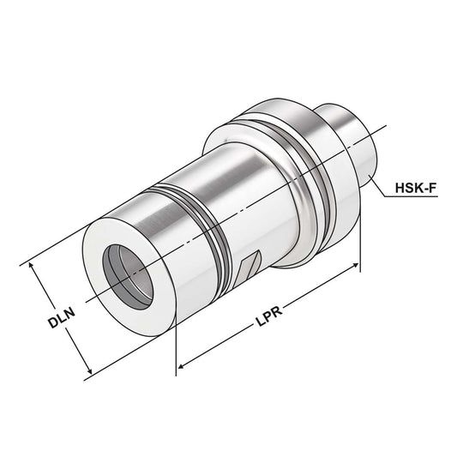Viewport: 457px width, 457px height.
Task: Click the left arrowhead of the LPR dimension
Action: [x=182, y=367]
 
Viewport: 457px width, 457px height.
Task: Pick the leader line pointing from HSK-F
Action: [x=382, y=183]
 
